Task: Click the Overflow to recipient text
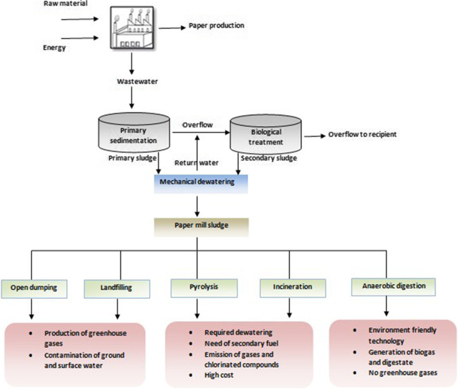tap(362, 134)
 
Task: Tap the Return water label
tap(196, 163)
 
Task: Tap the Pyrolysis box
tap(194, 287)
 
